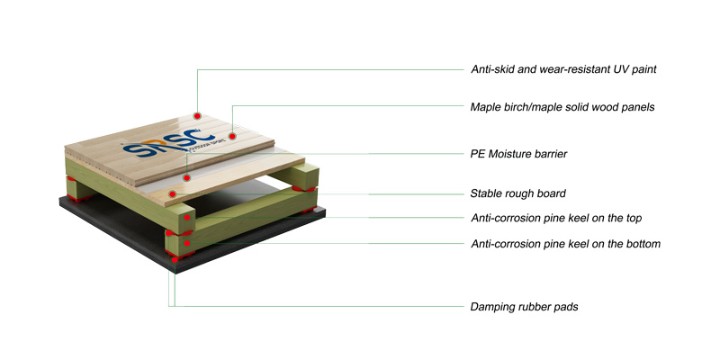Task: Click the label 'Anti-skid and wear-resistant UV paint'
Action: click(563, 69)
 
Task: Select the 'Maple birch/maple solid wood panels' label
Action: click(562, 107)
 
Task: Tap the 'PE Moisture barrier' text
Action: click(519, 154)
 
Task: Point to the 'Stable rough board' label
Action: click(518, 193)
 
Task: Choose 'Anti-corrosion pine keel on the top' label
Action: click(556, 218)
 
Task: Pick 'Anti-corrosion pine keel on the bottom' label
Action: click(566, 243)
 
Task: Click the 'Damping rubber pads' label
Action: click(524, 307)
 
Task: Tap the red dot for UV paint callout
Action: click(197, 116)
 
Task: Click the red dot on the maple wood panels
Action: click(232, 136)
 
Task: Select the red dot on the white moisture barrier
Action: click(186, 177)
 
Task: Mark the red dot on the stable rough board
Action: click(172, 193)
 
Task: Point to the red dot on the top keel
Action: click(187, 218)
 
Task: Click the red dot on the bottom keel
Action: click(187, 243)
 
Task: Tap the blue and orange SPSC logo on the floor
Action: click(169, 143)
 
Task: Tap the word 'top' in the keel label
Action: click(633, 219)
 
